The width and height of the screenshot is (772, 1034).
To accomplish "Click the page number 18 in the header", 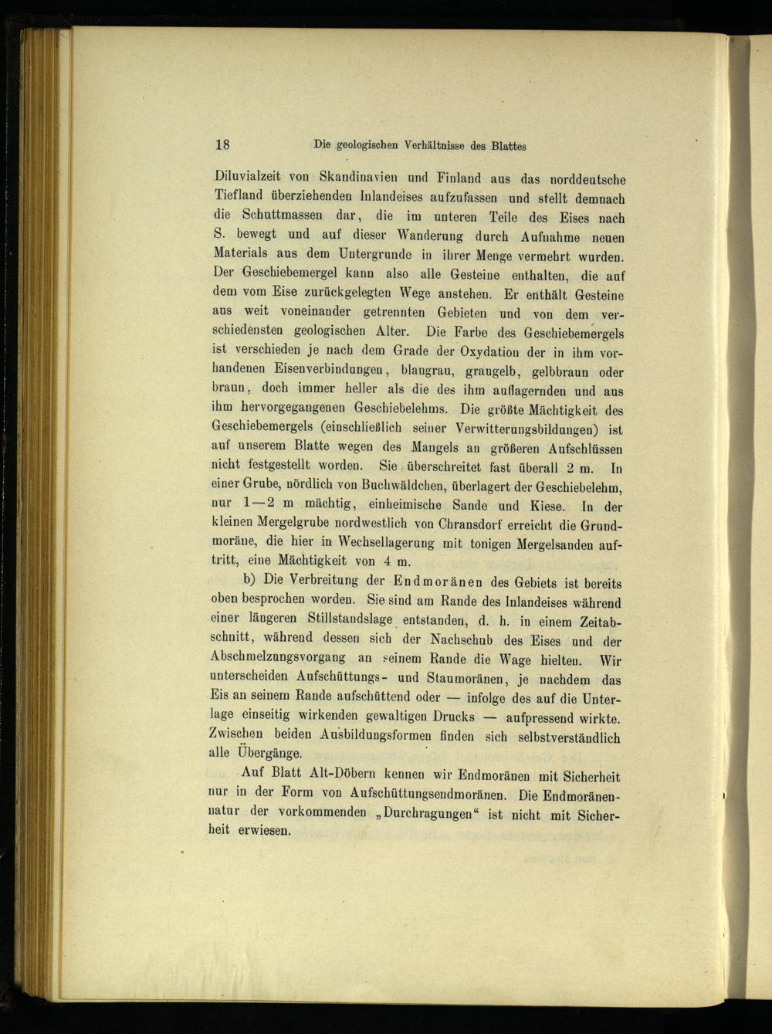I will coord(223,144).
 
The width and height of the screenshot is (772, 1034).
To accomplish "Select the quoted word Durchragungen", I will coord(421,814).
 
